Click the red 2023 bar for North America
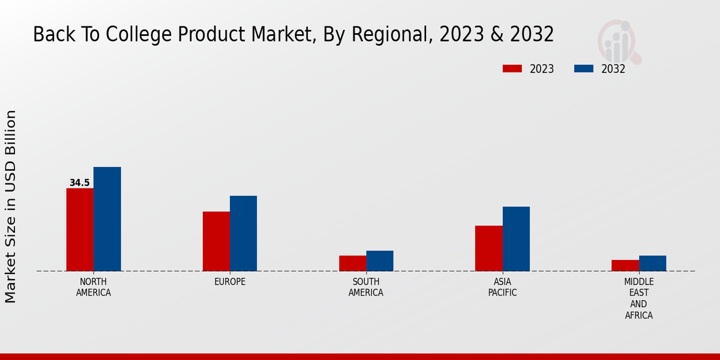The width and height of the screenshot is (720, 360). pyautogui.click(x=80, y=229)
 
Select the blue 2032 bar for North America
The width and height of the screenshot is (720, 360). pyautogui.click(x=107, y=218)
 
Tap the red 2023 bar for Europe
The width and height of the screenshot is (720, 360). pyautogui.click(x=216, y=241)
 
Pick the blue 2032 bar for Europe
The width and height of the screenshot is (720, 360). pyautogui.click(x=243, y=233)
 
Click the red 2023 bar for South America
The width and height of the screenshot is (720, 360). pyautogui.click(x=352, y=263)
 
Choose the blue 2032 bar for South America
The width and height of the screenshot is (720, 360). pyautogui.click(x=380, y=260)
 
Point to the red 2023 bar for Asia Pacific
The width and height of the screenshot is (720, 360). pyautogui.click(x=488, y=248)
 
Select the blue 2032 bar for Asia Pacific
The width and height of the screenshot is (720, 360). pyautogui.click(x=516, y=238)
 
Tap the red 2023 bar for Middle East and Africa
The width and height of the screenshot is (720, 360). pyautogui.click(x=625, y=265)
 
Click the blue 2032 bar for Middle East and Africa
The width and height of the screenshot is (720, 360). pyautogui.click(x=652, y=263)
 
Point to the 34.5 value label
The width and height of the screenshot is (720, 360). pyautogui.click(x=79, y=182)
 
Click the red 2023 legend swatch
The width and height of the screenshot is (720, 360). pyautogui.click(x=512, y=68)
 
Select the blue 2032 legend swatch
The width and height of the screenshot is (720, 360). pyautogui.click(x=584, y=68)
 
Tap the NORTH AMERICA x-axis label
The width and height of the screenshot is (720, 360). pyautogui.click(x=94, y=287)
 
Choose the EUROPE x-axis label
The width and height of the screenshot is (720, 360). pyautogui.click(x=230, y=281)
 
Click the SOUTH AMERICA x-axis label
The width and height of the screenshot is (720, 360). pyautogui.click(x=366, y=287)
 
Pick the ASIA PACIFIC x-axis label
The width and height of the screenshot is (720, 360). pyautogui.click(x=502, y=287)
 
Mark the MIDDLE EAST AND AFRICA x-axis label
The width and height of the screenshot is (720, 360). pyautogui.click(x=638, y=298)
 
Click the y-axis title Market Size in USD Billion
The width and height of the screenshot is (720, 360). pyautogui.click(x=11, y=206)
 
